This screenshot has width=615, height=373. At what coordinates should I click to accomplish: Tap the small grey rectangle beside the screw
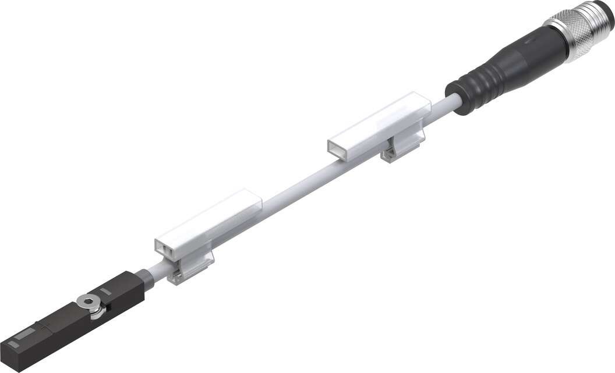pos(105,290)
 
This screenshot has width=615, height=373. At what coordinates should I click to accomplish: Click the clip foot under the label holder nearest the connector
pos(397,154)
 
